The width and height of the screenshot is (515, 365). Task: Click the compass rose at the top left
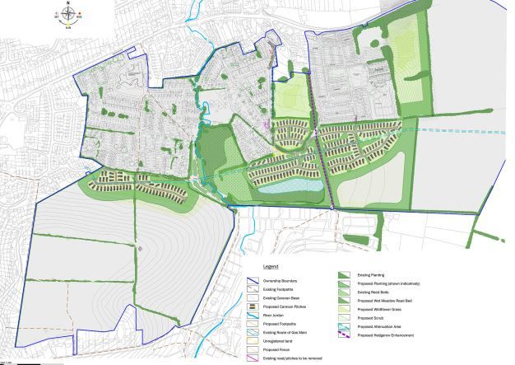point(68,14)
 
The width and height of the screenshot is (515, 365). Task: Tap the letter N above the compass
point(68,3)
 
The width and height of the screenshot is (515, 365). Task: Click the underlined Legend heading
point(271,268)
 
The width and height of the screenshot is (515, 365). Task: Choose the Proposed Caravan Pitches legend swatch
point(254,307)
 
